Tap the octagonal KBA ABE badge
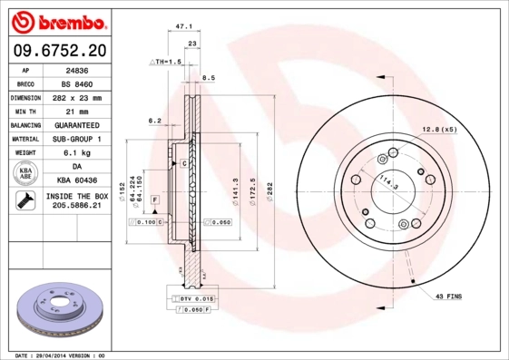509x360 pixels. (26, 174)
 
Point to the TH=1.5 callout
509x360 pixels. (166, 61)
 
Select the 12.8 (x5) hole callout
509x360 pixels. (439, 129)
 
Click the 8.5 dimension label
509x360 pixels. (208, 79)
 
